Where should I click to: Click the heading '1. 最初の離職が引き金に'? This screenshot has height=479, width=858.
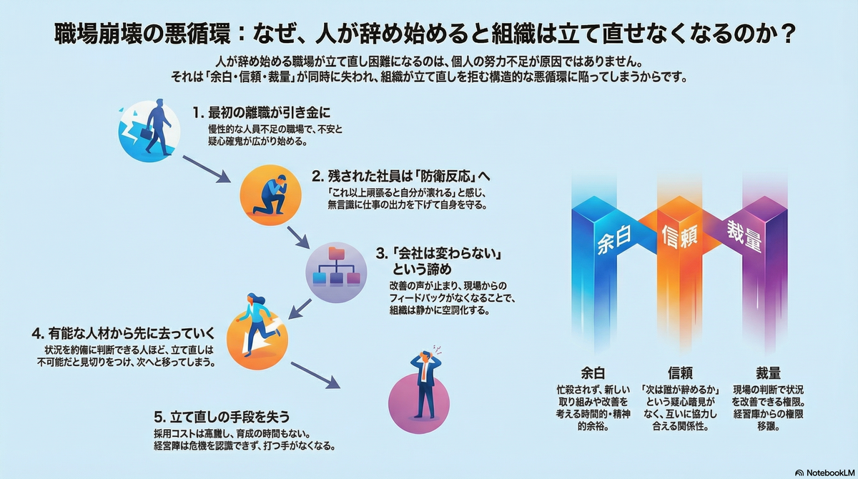coord(261,113)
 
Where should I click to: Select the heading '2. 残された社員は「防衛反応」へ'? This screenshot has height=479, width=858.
coord(401,177)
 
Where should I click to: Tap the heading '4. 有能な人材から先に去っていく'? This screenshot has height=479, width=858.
coord(123,333)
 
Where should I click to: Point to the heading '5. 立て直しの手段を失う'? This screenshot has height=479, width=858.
coord(222,417)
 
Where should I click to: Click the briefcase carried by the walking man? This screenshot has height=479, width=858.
coord(147,133)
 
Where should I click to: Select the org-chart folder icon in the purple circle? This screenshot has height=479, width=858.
coord(336,267)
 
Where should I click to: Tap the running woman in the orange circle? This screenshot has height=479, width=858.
coord(257,325)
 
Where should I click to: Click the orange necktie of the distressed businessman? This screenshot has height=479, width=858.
coord(423,370)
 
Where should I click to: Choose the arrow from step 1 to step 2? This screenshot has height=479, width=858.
coord(207,169)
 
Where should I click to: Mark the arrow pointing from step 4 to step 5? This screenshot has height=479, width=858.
coord(315,375)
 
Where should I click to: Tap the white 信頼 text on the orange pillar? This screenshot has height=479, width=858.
coord(680,235)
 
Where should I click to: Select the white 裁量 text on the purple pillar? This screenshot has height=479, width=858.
coord(744,236)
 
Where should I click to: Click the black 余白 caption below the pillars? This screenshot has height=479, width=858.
coord(593,372)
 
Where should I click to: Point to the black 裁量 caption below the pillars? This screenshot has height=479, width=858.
coord(768,372)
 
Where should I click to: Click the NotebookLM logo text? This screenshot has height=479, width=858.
coord(830,473)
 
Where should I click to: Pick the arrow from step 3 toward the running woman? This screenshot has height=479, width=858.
coord(300,309)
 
